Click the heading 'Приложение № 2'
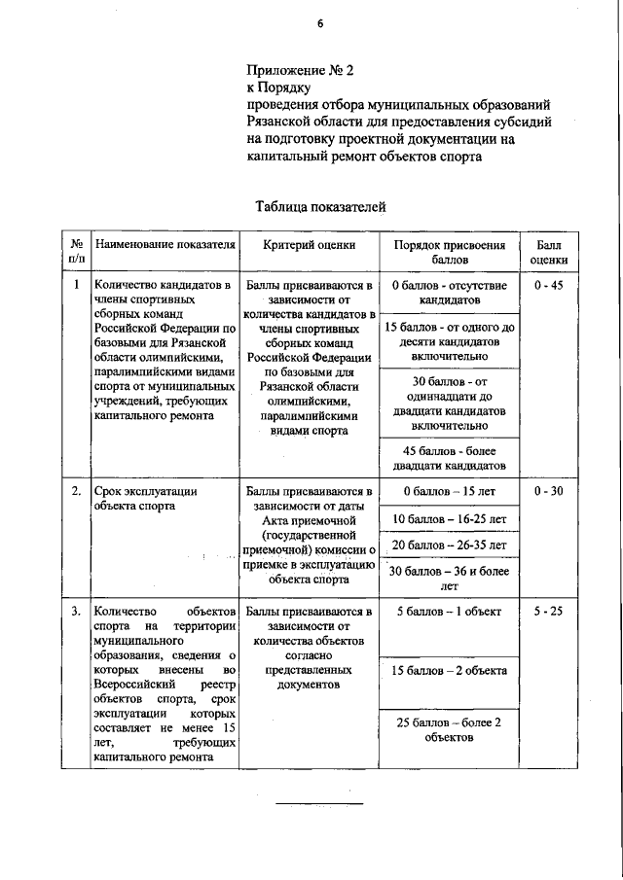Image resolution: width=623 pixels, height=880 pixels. coord(301,70)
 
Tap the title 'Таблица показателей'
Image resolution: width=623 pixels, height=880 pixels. coord(320,206)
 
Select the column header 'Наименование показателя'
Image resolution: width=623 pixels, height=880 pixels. coord(165,245)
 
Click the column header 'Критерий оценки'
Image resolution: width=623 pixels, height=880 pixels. coord(310,245)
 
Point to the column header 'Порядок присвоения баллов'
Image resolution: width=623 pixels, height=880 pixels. coord(449,253)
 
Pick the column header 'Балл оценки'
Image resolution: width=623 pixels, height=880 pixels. coord(549,253)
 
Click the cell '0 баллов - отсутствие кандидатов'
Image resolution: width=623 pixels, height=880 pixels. coord(449,293)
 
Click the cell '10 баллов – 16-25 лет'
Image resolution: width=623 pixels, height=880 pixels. coord(449,519)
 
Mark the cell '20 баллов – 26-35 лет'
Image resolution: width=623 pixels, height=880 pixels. coord(449,546)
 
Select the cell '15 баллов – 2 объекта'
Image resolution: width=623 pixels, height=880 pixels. coord(449,671)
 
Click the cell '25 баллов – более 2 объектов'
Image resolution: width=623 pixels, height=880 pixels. coord(449,729)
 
